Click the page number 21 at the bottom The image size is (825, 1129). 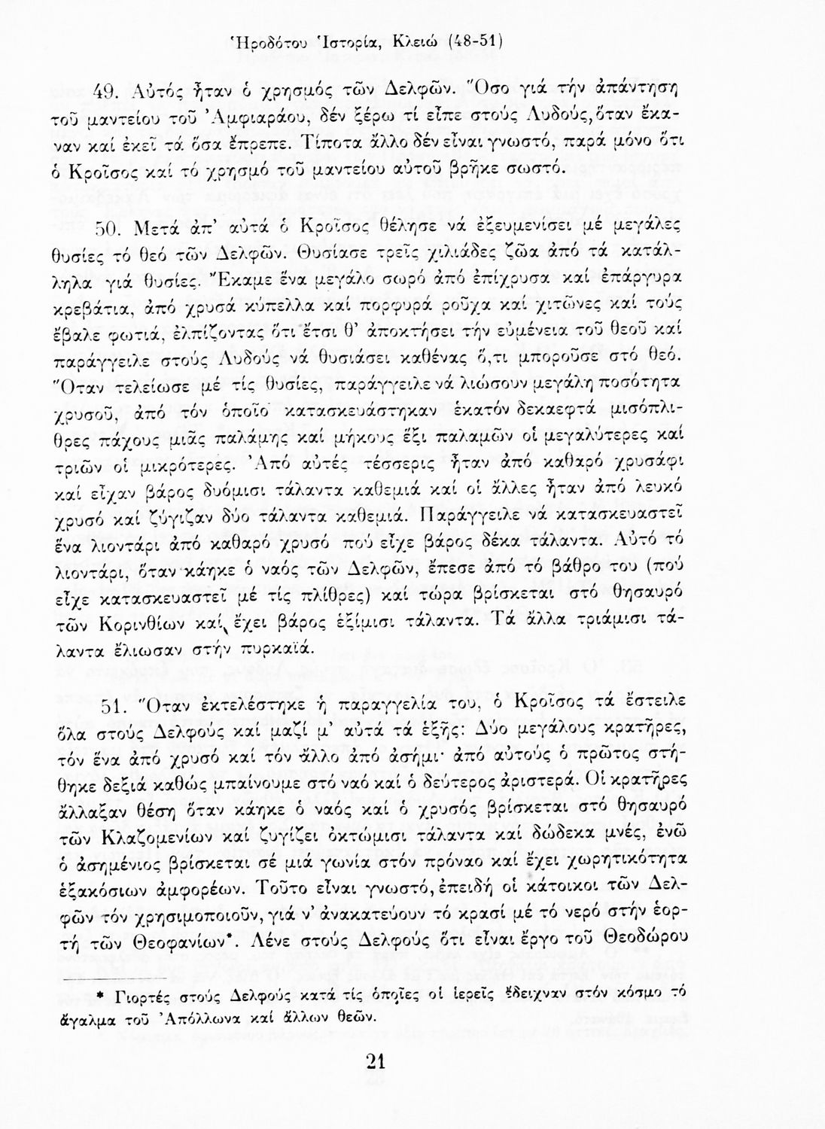(x=375, y=1061)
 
